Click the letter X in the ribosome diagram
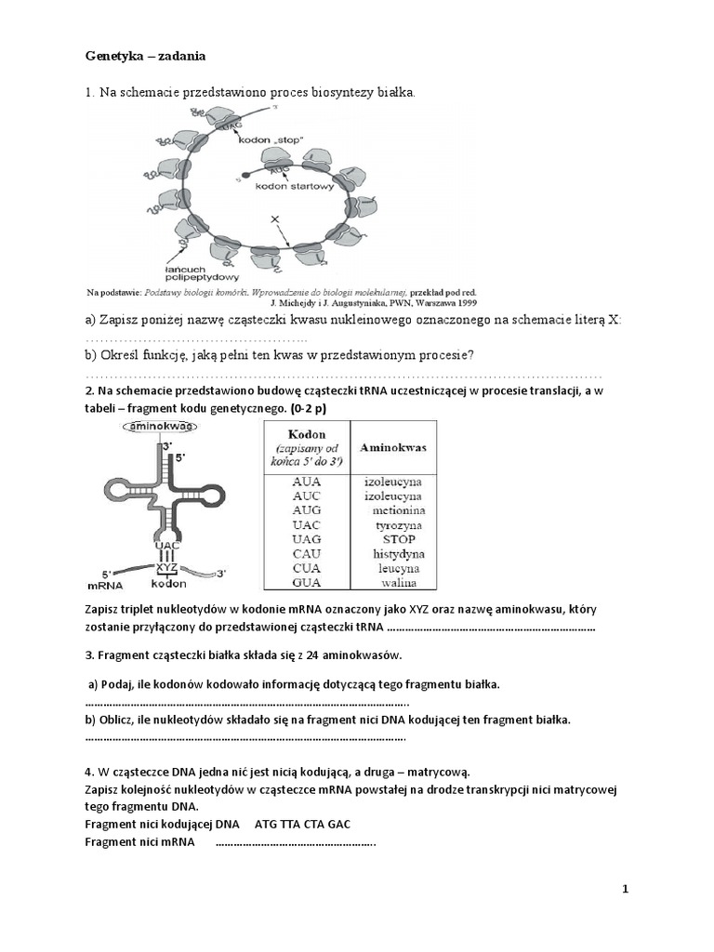pyautogui.click(x=273, y=218)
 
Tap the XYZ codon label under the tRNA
pyautogui.click(x=167, y=566)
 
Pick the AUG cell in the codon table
pyautogui.click(x=307, y=510)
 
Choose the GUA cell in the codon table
pyautogui.click(x=307, y=583)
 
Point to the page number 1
pyautogui.click(x=626, y=889)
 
